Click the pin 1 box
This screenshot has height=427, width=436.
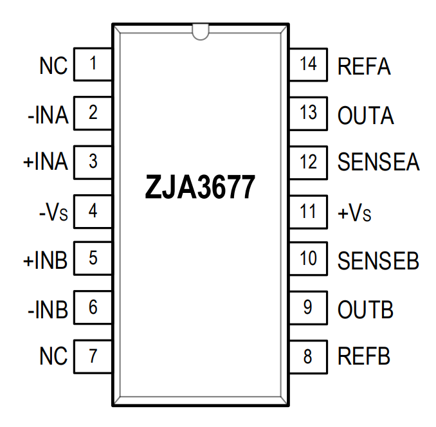point(93,64)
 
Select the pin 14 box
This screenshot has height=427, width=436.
point(309,64)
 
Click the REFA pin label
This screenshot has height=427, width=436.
point(365,66)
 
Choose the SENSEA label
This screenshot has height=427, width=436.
point(378,163)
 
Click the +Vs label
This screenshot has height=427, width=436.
point(354,212)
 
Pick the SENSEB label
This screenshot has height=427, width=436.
point(378,260)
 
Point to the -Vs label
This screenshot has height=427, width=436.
point(50,212)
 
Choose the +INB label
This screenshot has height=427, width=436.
point(45,260)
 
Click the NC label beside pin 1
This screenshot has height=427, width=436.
point(53,66)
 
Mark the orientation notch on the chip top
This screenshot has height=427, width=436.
point(200,30)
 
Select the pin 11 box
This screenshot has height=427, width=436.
point(309,210)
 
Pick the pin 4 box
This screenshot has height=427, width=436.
point(93,210)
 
